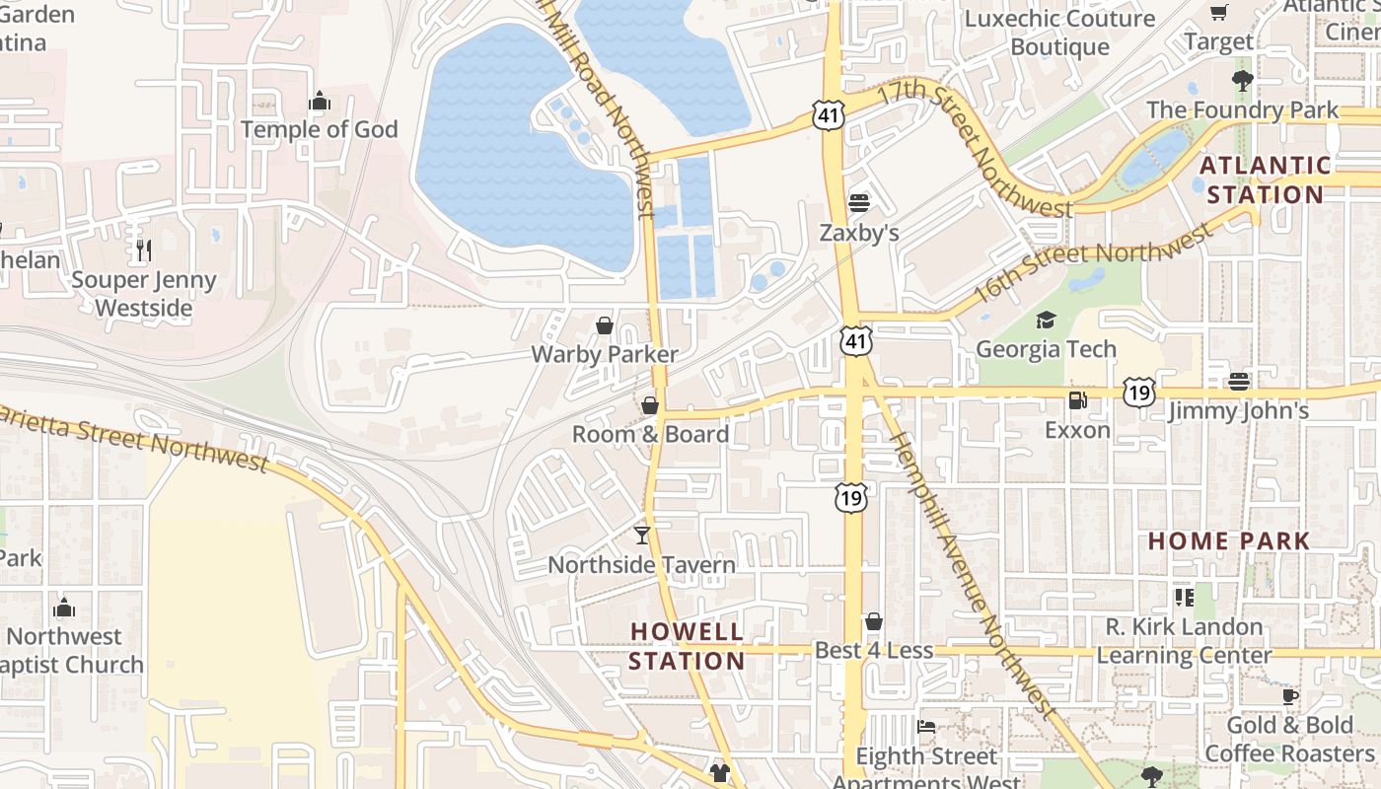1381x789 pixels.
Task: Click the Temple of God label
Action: pyautogui.click(x=319, y=129)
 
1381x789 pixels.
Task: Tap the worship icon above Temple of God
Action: pyautogui.click(x=319, y=101)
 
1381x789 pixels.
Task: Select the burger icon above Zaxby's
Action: pyautogui.click(x=859, y=203)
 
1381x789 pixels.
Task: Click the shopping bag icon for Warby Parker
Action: pyautogui.click(x=605, y=325)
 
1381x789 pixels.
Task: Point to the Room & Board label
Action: pyautogui.click(x=650, y=434)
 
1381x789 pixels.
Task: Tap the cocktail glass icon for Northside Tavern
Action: pyautogui.click(x=642, y=535)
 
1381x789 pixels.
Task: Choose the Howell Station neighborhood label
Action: pyautogui.click(x=687, y=646)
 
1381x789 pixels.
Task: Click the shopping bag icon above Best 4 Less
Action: pyautogui.click(x=873, y=621)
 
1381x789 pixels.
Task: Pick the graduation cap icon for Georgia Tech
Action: pyautogui.click(x=1046, y=320)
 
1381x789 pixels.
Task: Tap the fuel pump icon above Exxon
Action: pyautogui.click(x=1077, y=400)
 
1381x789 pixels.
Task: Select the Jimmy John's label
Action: pyautogui.click(x=1238, y=410)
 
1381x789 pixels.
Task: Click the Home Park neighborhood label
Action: pyautogui.click(x=1229, y=540)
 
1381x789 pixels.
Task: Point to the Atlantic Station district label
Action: pyautogui.click(x=1265, y=179)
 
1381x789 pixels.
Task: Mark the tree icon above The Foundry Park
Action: pyautogui.click(x=1242, y=80)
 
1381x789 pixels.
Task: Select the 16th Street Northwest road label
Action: pyautogui.click(x=1092, y=264)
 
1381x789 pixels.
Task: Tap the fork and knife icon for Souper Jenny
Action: pyautogui.click(x=144, y=251)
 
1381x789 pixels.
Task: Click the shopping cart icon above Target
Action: pyautogui.click(x=1219, y=13)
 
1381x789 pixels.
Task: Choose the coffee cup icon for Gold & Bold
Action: pyautogui.click(x=1290, y=696)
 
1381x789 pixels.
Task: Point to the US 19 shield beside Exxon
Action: pyautogui.click(x=1139, y=393)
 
